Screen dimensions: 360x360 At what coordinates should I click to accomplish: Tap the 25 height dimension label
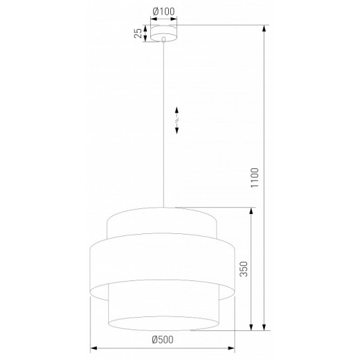tap(138, 33)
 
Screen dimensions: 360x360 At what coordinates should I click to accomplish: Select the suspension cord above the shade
tap(163, 138)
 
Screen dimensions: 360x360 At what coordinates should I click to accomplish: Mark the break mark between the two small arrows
tap(177, 121)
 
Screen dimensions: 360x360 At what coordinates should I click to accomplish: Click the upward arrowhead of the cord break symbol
tap(177, 111)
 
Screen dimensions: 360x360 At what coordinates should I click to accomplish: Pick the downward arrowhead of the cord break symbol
tap(177, 132)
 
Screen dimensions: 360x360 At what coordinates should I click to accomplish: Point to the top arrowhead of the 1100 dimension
tap(264, 30)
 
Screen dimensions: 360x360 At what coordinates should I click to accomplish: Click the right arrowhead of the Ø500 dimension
tap(235, 349)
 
